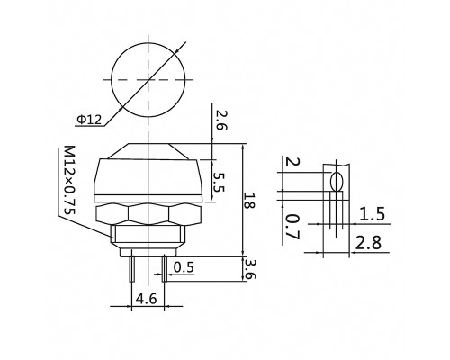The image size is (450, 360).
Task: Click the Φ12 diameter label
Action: [x=90, y=120]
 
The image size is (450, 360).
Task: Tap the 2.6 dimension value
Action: [x=221, y=120]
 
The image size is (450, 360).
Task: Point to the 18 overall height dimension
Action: [x=249, y=201]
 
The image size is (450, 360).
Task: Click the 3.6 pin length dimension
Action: [x=250, y=269]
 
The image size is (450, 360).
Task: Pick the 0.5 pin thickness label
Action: [x=184, y=267]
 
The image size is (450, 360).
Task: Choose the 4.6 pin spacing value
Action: [x=147, y=299]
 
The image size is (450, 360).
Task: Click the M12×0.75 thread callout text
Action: [x=69, y=180]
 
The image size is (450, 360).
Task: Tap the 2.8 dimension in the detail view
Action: [x=368, y=243]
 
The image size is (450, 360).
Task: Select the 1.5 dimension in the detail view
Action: [x=372, y=214]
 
